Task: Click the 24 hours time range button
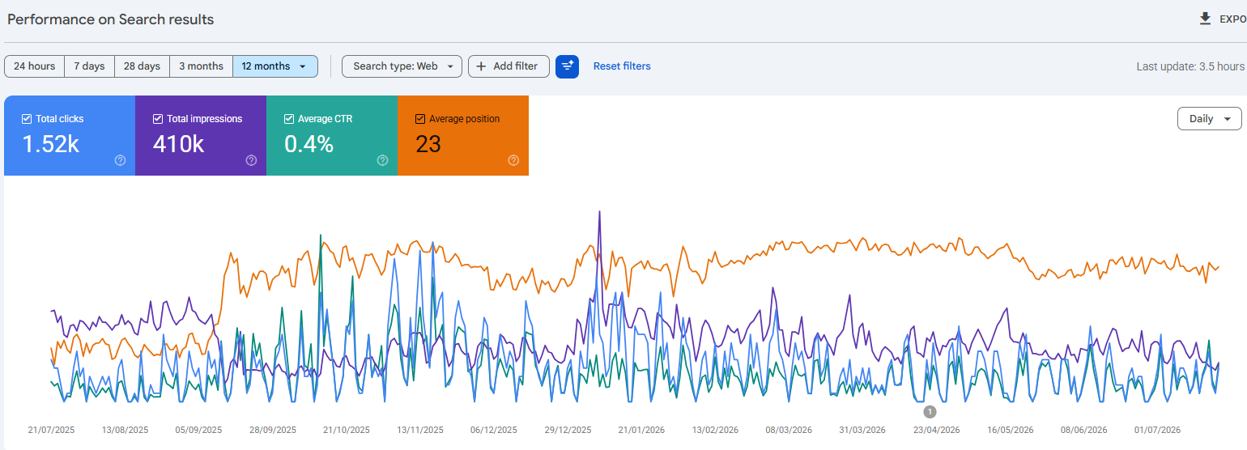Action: click(x=35, y=66)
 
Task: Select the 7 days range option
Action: click(x=90, y=66)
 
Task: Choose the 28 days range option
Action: click(x=142, y=66)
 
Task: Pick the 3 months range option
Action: click(x=201, y=66)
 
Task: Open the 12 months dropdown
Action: click(x=275, y=66)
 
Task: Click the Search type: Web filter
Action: click(x=402, y=66)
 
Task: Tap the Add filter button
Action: click(x=509, y=66)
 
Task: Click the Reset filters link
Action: click(x=622, y=66)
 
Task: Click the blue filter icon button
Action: click(x=568, y=66)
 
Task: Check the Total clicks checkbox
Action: click(x=27, y=119)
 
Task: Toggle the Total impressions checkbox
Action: click(x=158, y=119)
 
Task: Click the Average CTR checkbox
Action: click(x=289, y=119)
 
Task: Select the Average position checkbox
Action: click(x=420, y=119)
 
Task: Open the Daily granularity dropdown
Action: click(x=1209, y=118)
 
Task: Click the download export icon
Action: click(x=1205, y=19)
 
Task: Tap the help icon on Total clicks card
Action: click(x=120, y=160)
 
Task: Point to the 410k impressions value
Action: click(x=179, y=144)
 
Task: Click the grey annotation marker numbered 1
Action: click(x=930, y=412)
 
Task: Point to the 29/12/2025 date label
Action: click(x=568, y=430)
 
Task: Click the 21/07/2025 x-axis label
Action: click(x=51, y=430)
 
